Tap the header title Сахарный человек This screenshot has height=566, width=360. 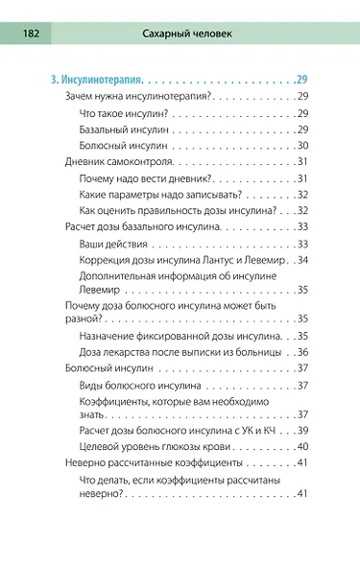coord(192,34)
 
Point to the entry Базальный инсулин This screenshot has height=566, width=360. coord(122,130)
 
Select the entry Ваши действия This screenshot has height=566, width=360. coord(116,244)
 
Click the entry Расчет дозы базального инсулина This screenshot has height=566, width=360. coord(143,227)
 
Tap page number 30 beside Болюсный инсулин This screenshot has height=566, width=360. coord(301,145)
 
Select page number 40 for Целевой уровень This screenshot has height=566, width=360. coord(301,446)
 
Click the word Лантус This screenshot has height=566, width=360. coord(218,259)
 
